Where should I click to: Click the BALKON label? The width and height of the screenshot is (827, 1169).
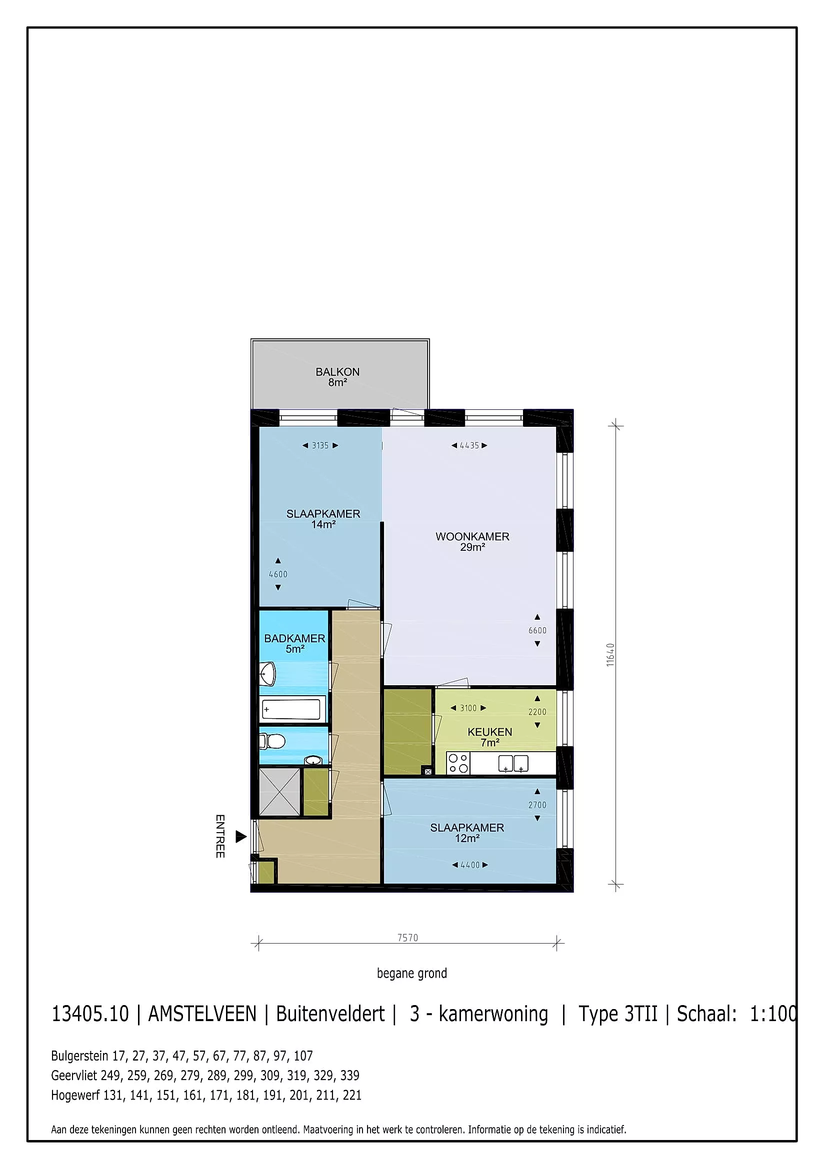click(337, 372)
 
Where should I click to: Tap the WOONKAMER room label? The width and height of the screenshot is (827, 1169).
click(472, 537)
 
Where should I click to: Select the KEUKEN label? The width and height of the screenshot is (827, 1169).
click(489, 732)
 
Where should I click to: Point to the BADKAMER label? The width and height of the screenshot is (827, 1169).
click(294, 638)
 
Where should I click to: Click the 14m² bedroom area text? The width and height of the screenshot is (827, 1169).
click(323, 524)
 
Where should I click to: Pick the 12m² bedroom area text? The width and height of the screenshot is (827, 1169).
click(467, 839)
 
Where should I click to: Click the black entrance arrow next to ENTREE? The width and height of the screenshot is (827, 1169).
click(241, 836)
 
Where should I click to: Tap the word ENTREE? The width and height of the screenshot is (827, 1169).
click(220, 836)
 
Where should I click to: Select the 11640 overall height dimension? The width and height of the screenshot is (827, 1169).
click(610, 655)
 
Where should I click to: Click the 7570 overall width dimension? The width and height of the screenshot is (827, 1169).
click(407, 938)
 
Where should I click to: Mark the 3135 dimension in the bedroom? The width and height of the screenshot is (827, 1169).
click(320, 445)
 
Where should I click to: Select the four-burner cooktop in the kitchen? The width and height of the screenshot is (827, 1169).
click(458, 764)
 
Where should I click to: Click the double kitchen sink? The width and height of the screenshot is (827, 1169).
click(513, 764)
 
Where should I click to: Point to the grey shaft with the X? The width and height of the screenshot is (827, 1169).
click(279, 792)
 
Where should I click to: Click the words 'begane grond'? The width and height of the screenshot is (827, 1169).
click(412, 974)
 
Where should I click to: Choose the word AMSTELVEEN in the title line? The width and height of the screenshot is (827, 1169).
click(202, 1014)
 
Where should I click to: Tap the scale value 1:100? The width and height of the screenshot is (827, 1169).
click(773, 1014)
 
